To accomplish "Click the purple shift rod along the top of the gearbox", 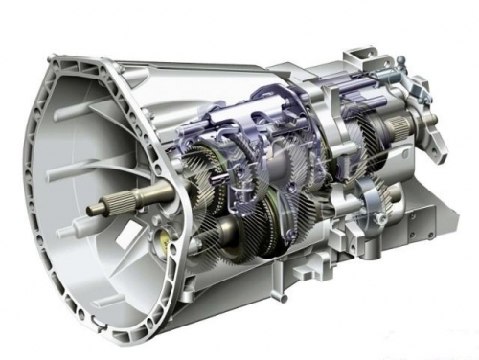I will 287,96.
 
